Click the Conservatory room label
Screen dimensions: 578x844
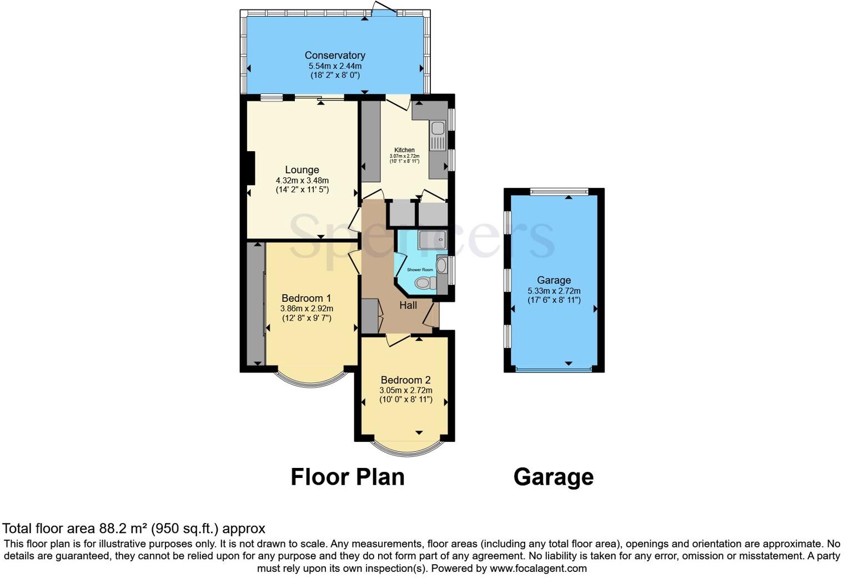tap(335, 55)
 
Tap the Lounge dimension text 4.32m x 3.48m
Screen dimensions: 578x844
tap(302, 181)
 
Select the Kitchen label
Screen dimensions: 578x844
tap(404, 150)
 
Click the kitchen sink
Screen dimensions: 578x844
tap(437, 128)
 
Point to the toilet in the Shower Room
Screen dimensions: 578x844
tap(425, 283)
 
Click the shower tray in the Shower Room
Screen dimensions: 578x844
tap(432, 240)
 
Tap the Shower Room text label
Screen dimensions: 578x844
tap(420, 270)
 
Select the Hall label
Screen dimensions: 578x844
tap(408, 305)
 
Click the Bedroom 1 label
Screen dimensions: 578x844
tap(306, 298)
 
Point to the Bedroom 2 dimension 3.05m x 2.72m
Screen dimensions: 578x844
tap(405, 390)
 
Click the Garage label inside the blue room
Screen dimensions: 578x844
tap(554, 280)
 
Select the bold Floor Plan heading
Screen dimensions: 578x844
tap(348, 477)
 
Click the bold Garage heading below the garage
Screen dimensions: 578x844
tap(554, 477)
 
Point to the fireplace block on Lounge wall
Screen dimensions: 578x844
tap(250, 168)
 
